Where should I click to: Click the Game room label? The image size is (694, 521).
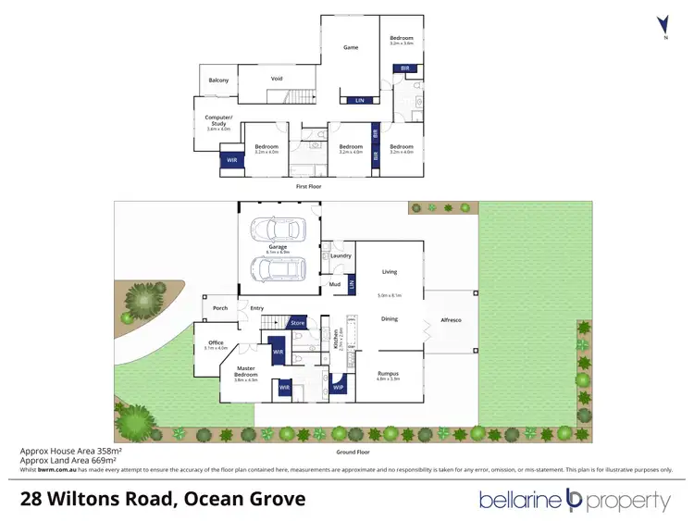[351, 47]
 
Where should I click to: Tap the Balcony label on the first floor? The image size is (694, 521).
[218, 81]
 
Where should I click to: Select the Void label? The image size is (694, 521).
[277, 79]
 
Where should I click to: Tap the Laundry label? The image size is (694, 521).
[339, 255]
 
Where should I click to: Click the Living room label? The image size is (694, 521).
[390, 272]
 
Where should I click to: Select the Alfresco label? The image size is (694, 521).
[452, 318]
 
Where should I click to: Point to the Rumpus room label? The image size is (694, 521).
[389, 374]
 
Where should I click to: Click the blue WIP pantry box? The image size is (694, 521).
[339, 388]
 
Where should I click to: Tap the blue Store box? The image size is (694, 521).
[298, 323]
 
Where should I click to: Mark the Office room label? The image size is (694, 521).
[216, 342]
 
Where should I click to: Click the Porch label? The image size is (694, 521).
[220, 308]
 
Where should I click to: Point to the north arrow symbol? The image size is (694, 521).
[662, 26]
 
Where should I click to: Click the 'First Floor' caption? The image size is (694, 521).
[308, 186]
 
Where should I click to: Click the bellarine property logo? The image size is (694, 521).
[574, 501]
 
